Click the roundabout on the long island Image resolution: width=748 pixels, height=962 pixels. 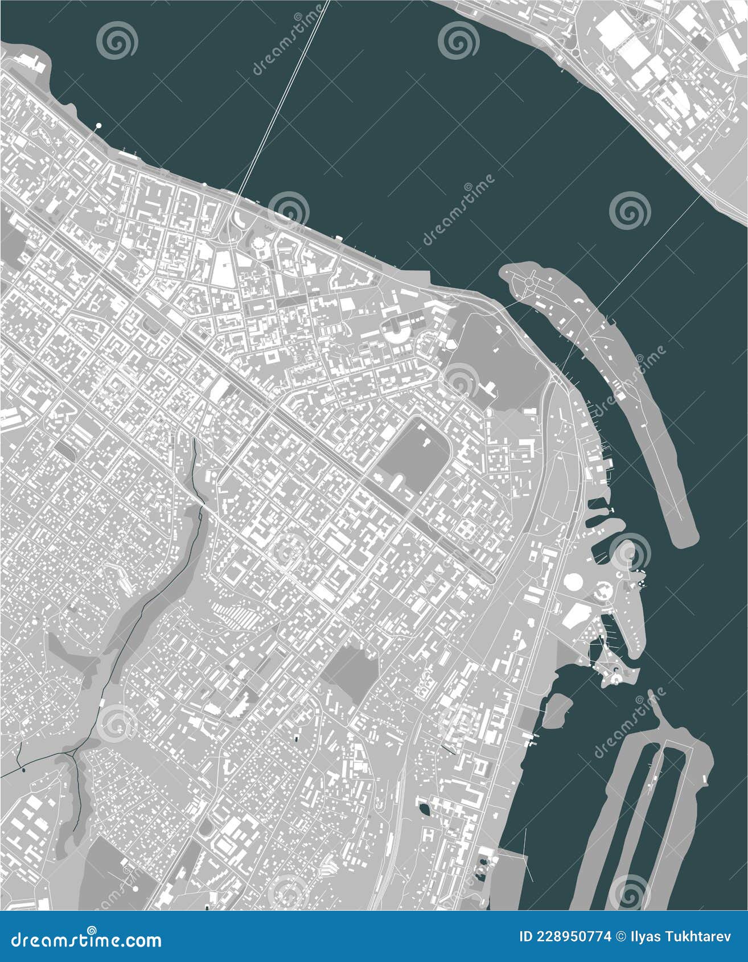pyautogui.click(x=529, y=281)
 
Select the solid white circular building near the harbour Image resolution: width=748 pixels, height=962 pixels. pyautogui.click(x=573, y=582)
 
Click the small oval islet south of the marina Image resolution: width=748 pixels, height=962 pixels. pyautogui.click(x=556, y=711)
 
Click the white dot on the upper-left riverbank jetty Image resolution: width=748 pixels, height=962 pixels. pyautogui.click(x=99, y=125)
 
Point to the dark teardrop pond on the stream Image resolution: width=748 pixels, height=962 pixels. pyautogui.click(x=23, y=770)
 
